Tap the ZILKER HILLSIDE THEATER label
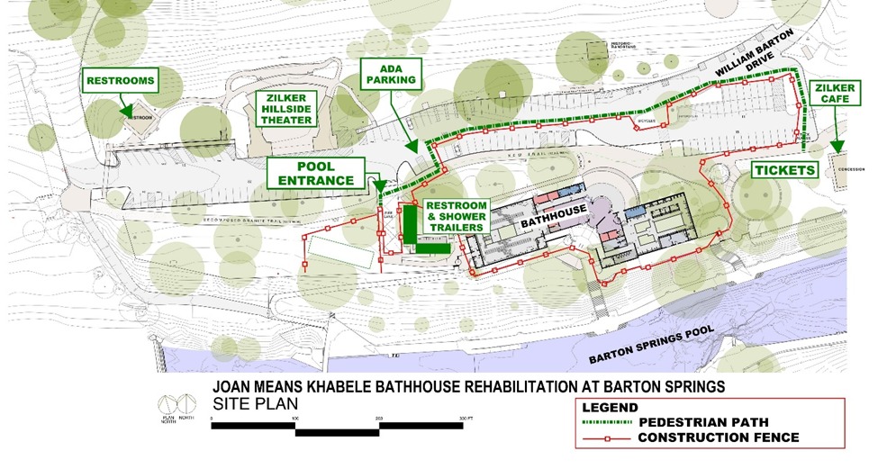click(285, 108)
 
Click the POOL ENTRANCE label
click(315, 173)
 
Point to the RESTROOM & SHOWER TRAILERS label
click(457, 216)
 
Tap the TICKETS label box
click(784, 169)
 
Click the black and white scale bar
click(338, 428)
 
